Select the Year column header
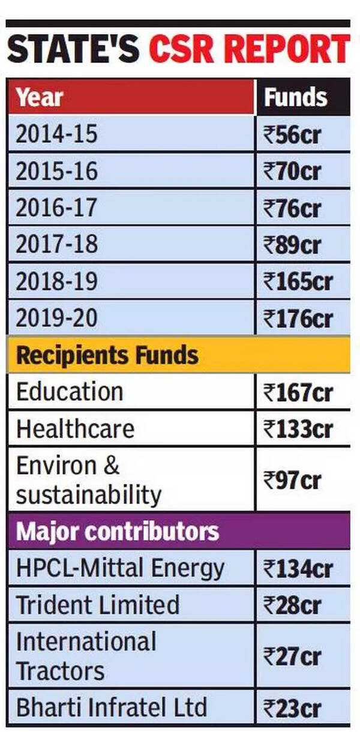(40, 97)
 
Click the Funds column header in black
(296, 97)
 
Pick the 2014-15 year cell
(56, 134)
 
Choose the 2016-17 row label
(56, 208)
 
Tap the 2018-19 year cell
(56, 281)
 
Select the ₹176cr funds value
(298, 318)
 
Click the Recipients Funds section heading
(107, 355)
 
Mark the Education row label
(70, 392)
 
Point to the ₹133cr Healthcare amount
(298, 430)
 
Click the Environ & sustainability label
(89, 481)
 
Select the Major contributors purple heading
(118, 532)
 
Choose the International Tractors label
(86, 656)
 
